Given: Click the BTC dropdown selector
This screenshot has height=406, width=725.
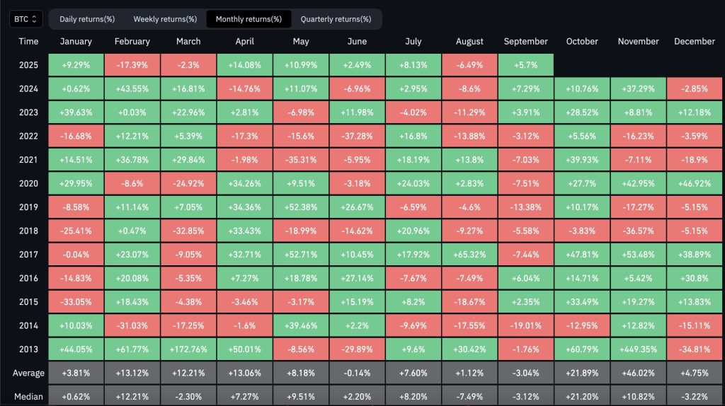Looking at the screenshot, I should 26,19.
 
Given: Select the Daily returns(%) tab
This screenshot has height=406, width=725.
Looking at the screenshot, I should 87,19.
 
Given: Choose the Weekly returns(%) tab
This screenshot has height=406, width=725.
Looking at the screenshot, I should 165,19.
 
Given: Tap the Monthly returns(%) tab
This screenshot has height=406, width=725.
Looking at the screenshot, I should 249,19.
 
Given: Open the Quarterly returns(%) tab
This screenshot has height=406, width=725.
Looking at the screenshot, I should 336,19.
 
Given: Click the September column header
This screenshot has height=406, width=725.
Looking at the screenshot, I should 525,42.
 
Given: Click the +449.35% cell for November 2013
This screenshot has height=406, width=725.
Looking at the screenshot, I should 638,349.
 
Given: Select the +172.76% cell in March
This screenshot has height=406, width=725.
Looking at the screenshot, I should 188,349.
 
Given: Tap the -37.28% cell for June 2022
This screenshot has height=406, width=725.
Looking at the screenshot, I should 357,156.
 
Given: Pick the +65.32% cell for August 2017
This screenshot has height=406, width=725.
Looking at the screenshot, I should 469,253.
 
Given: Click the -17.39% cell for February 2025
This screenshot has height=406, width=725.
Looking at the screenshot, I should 132,64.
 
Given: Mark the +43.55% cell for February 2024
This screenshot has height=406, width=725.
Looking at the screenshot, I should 132,88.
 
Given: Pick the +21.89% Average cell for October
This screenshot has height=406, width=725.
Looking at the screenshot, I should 582,373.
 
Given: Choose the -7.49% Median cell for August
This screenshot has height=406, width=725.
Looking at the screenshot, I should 469,395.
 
